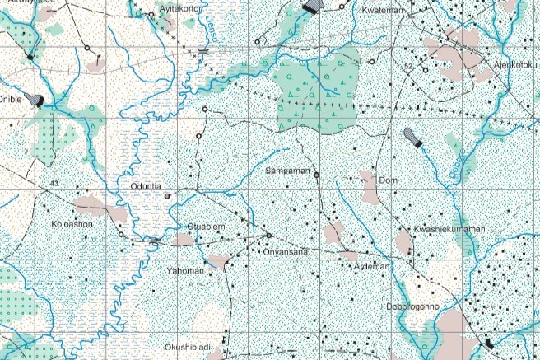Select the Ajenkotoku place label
(x=516, y=63)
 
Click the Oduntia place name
(x=147, y=187)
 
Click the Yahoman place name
(x=184, y=270)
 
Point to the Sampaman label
(x=287, y=171)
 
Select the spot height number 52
(x=407, y=64)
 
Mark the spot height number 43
(x=54, y=182)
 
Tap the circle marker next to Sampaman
(x=316, y=175)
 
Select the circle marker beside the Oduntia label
(x=167, y=196)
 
